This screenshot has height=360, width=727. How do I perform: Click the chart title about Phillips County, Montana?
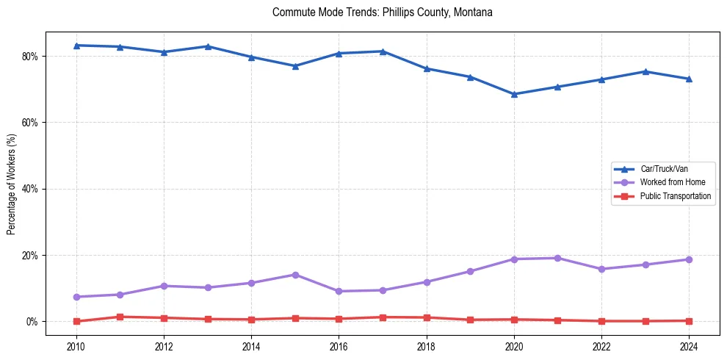tap(382, 12)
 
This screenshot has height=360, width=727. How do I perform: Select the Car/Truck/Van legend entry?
tap(664, 169)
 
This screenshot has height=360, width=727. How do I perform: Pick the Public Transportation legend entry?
tap(675, 196)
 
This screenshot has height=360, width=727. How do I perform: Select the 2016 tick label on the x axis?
tap(339, 346)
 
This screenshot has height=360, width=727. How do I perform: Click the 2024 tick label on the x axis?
tap(689, 346)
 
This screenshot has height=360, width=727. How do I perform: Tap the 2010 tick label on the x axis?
tap(76, 346)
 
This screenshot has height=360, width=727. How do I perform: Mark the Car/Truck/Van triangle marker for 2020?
tap(514, 94)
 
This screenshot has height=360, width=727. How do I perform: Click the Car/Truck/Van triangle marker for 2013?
tap(208, 46)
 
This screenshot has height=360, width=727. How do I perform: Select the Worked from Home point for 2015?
tap(295, 275)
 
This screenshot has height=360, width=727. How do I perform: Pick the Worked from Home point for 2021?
tap(557, 258)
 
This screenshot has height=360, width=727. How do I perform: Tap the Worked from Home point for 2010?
tap(76, 297)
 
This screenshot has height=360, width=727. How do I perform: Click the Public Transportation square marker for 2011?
tap(120, 317)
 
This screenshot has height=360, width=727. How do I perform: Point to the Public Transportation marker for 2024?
tap(689, 320)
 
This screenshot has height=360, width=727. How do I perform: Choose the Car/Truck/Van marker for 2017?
tap(383, 51)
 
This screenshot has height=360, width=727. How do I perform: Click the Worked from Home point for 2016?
tap(339, 292)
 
